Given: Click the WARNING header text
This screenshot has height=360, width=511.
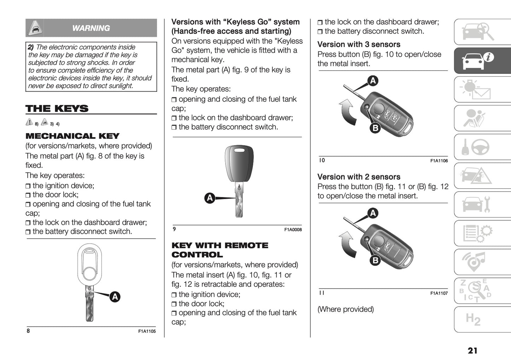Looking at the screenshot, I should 91,28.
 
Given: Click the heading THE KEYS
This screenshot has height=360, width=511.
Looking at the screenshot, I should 57,109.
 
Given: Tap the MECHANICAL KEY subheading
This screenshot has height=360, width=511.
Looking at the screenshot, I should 72,136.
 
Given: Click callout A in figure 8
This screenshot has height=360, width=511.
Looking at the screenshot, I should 115,297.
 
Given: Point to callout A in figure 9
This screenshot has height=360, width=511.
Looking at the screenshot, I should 210,198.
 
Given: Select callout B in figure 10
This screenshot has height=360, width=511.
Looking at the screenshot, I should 375,128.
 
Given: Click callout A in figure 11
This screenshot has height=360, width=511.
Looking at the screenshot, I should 373,213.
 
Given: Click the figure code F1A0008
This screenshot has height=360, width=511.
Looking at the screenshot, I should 293,230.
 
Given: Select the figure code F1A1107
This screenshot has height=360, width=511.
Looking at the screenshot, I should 439,293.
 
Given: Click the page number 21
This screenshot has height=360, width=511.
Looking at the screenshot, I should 472,350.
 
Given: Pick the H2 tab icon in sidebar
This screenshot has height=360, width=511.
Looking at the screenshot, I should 473,319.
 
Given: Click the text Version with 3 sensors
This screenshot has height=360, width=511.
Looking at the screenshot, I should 359,45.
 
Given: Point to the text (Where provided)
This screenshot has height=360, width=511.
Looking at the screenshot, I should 345,309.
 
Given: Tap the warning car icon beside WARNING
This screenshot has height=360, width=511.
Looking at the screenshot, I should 35,28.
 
